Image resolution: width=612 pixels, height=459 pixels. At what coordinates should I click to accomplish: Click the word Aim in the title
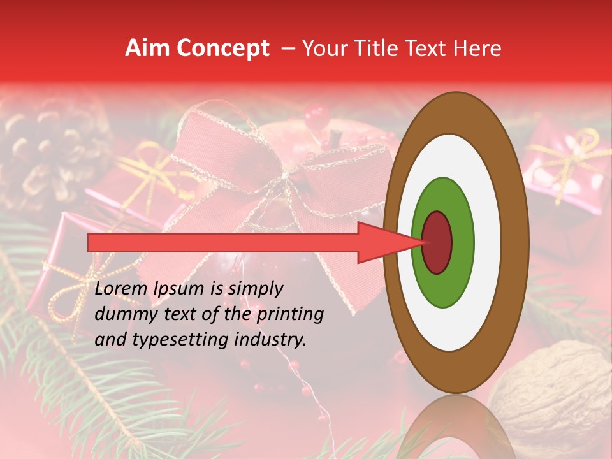(x=147, y=48)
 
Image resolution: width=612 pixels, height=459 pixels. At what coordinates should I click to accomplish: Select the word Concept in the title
(x=222, y=48)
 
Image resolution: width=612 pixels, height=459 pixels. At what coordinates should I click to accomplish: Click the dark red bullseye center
(x=437, y=242)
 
